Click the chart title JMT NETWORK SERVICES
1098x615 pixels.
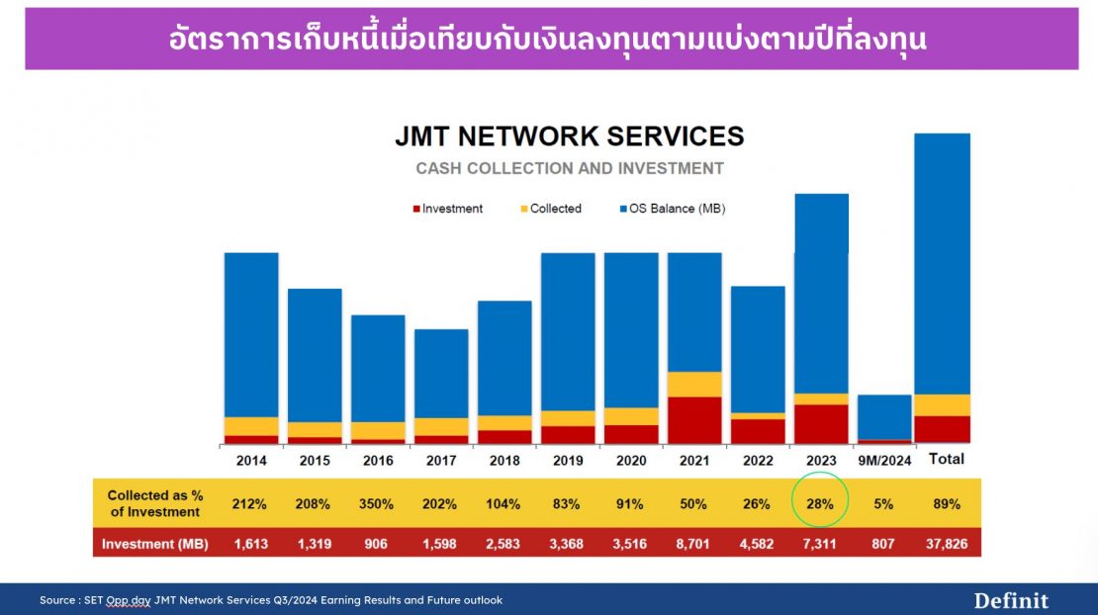coord(569,135)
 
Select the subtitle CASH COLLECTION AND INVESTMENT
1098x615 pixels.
coord(569,168)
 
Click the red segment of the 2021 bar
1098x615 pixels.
coord(694,419)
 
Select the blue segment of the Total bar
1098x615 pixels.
coord(942,263)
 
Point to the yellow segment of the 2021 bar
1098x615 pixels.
coord(694,385)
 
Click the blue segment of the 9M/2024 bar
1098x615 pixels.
coord(884,416)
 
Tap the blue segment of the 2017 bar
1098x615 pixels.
coord(441,373)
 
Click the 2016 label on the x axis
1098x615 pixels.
coord(378,461)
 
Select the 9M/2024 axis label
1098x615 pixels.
coord(884,461)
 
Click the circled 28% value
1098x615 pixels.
coord(820,504)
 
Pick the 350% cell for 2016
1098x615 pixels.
coord(377,504)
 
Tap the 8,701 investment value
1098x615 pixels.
coord(693,544)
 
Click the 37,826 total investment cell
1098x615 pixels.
coord(946,544)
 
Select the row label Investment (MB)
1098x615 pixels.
coord(153,544)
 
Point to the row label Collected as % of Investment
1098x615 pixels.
coord(153,503)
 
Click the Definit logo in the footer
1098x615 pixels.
coord(1011,600)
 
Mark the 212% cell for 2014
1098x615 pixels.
coord(250,504)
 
